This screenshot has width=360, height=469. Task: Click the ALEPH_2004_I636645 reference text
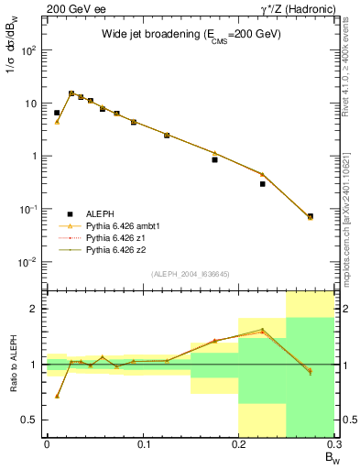pyautogui.click(x=190, y=274)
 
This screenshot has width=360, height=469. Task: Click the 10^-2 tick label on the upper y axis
pyautogui.click(x=32, y=262)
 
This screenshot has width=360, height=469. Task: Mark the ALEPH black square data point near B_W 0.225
pyautogui.click(x=262, y=184)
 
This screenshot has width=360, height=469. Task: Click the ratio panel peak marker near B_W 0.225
pyautogui.click(x=262, y=330)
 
